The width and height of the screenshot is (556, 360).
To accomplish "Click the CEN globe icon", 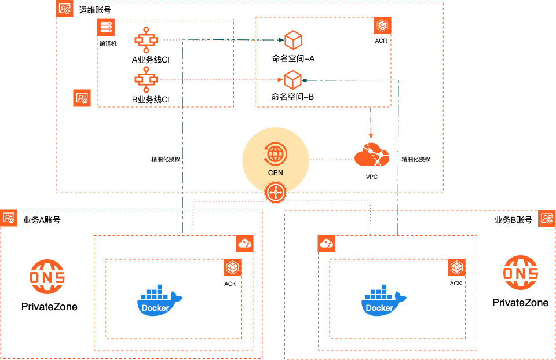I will point(276,155).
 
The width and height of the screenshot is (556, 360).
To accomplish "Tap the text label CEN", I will point(276,172).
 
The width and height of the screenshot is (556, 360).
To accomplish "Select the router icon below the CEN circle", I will point(276,193).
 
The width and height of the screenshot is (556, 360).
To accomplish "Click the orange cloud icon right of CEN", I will point(372,155).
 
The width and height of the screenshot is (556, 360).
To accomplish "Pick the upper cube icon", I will point(293,40).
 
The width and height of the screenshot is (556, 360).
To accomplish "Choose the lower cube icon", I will point(292,79).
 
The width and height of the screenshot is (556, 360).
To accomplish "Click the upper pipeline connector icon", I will point(146,40).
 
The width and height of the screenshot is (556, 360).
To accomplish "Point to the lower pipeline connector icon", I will point(146,79).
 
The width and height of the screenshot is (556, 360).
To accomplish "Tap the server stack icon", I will point(105,27).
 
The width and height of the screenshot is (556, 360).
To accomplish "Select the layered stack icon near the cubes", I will point(382,25).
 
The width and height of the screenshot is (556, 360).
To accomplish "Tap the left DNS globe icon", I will point(47,276).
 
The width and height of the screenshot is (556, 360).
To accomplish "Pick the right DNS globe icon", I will point(521,272).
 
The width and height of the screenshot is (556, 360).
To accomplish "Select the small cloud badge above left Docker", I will point(244,244).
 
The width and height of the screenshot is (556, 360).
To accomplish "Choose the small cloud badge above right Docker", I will point(327,244).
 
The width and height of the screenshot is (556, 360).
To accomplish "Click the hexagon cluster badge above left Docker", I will point(232,267).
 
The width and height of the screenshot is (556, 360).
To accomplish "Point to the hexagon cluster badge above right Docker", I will point(456,267).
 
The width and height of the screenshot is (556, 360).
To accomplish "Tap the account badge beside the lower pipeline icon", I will point(82,98).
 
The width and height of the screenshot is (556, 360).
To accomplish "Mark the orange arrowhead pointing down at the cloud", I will point(371,135).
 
